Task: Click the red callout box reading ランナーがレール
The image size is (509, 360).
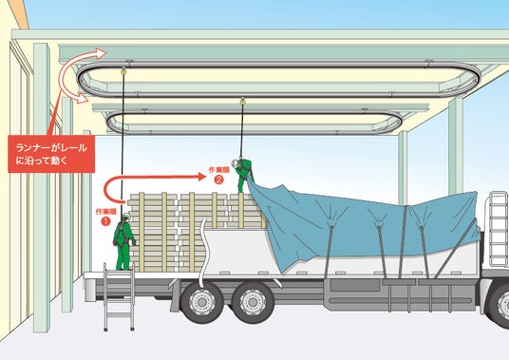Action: point(51,154)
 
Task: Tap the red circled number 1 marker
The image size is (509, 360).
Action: point(105,221)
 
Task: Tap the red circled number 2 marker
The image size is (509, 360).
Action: point(218,179)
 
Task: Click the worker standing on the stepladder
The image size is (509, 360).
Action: point(123,241)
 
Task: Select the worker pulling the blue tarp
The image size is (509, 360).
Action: point(243,175)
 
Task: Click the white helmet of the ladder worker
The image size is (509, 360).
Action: point(126,216)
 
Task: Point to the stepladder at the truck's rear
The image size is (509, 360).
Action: point(119,296)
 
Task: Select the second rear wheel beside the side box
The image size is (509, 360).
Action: point(253,302)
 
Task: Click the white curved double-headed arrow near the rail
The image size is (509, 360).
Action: point(72,76)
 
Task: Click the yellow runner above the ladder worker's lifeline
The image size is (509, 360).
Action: point(123,71)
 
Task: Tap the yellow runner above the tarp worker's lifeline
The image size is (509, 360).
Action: point(242,102)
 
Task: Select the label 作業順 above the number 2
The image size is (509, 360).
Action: point(218,170)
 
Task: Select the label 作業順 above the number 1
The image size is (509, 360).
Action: point(105,212)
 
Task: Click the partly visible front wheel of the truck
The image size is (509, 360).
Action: point(500,305)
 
